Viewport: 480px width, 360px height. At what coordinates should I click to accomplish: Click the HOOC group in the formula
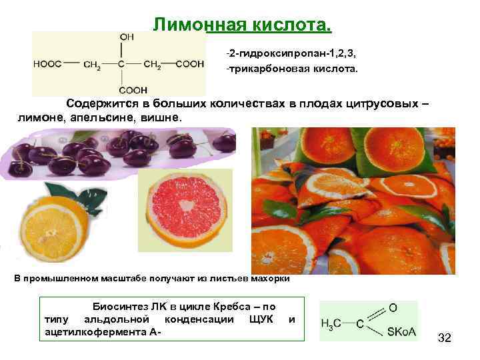point(47,64)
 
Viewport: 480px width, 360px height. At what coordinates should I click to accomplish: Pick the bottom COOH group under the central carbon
point(133,89)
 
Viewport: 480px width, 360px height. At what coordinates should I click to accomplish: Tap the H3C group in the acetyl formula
point(331,323)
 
